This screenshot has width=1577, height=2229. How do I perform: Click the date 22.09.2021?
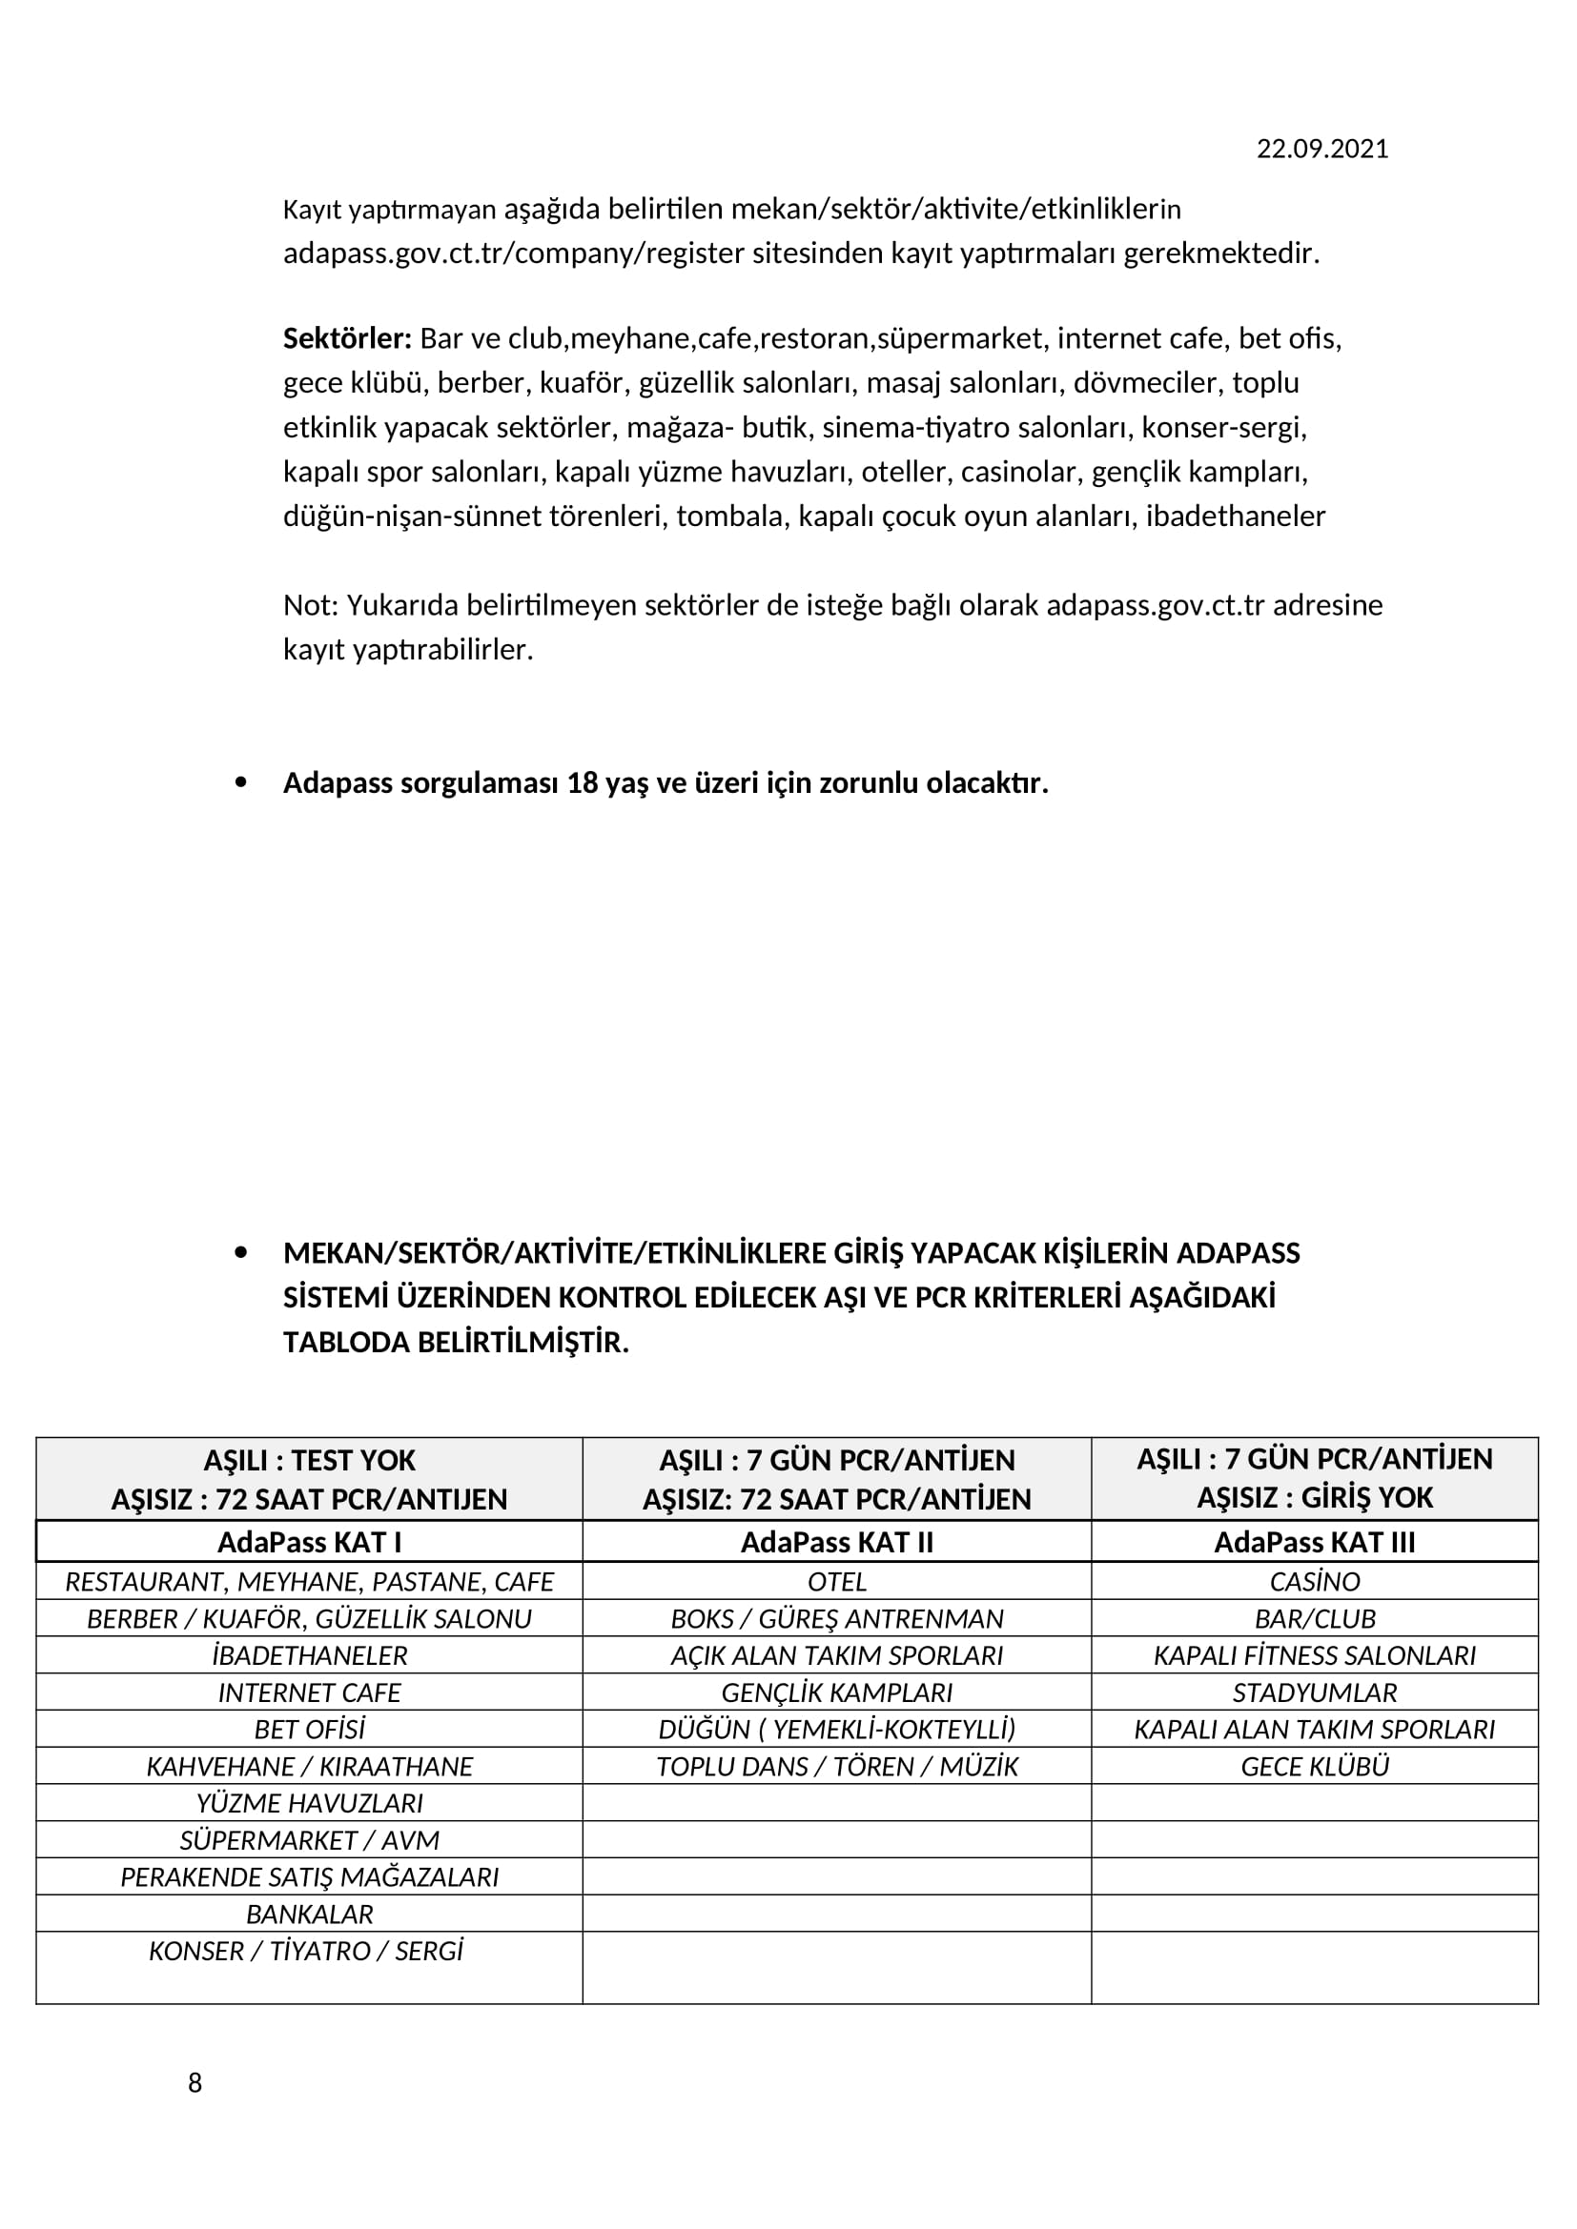[x=1321, y=149]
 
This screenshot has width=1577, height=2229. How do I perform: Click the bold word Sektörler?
[x=347, y=339]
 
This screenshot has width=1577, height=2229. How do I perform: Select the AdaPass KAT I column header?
[x=309, y=1543]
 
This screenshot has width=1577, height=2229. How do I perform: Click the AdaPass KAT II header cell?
[x=836, y=1543]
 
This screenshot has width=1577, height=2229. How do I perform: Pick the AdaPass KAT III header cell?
[x=1314, y=1543]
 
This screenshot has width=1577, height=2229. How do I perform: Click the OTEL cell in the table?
[x=836, y=1583]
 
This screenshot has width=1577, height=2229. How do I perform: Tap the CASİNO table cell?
[x=1314, y=1583]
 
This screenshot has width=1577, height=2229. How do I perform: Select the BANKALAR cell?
[x=309, y=1915]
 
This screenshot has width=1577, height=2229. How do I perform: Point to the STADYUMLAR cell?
[x=1314, y=1693]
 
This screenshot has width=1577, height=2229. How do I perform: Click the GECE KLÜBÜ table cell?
[x=1314, y=1767]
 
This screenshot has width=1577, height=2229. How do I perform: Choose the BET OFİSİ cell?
[x=309, y=1730]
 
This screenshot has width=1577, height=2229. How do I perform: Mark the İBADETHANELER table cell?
[x=309, y=1656]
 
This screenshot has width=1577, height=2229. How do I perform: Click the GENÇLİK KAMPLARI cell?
[x=836, y=1693]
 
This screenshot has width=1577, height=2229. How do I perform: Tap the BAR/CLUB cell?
[x=1314, y=1619]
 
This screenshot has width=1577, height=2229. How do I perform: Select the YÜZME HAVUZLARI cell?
[x=309, y=1804]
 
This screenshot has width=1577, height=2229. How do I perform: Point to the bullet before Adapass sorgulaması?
[x=241, y=782]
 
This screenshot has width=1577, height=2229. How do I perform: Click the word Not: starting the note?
[x=310, y=606]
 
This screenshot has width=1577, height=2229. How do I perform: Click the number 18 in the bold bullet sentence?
[x=582, y=783]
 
